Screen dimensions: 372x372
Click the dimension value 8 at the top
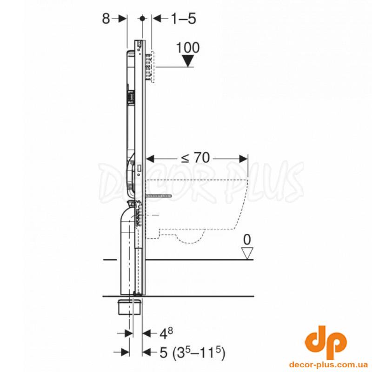pyautogui.click(x=106, y=19)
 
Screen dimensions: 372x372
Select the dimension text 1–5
pyautogui.click(x=183, y=19)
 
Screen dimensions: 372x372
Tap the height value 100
pyautogui.click(x=188, y=48)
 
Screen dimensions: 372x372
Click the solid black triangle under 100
pyautogui.click(x=188, y=61)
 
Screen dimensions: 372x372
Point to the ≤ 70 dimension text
pyautogui.click(x=195, y=158)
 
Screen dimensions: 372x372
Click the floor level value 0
pyautogui.click(x=247, y=239)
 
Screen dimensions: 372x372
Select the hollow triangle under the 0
pyautogui.click(x=247, y=253)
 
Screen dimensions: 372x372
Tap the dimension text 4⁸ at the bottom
pyautogui.click(x=166, y=333)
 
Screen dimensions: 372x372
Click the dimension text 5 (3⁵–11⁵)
pyautogui.click(x=192, y=352)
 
